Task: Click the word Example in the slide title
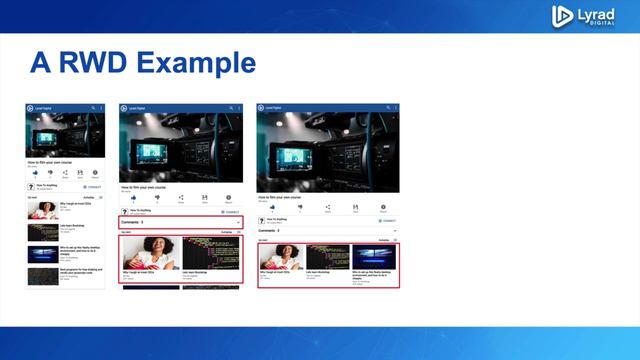click(x=196, y=63)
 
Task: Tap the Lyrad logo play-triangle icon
click(x=562, y=16)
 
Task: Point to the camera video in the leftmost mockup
click(x=65, y=135)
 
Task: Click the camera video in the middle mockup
click(x=181, y=146)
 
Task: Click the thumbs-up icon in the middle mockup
click(x=133, y=198)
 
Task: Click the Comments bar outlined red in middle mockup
click(x=181, y=221)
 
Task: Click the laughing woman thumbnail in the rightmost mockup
click(x=281, y=257)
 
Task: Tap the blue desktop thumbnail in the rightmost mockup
click(x=375, y=257)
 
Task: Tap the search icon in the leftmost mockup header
click(x=93, y=107)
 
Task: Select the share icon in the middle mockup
click(x=181, y=198)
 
